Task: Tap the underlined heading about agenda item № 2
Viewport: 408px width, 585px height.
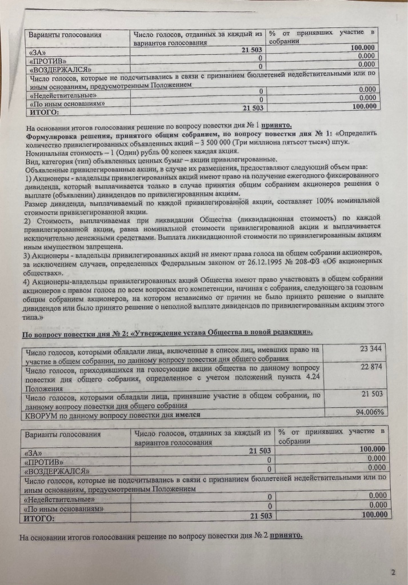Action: pyautogui.click(x=166, y=332)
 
